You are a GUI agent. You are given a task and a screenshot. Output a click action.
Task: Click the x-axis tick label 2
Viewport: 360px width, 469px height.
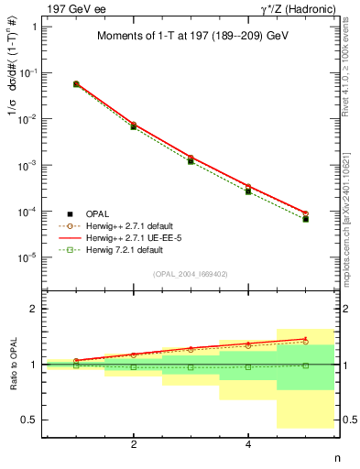(134, 444)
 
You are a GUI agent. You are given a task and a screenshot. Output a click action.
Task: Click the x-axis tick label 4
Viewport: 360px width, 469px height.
(248, 444)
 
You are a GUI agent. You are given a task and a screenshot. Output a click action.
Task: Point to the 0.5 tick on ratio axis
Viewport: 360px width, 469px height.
(30, 420)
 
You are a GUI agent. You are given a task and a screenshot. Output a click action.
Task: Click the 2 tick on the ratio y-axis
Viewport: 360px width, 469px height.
(34, 310)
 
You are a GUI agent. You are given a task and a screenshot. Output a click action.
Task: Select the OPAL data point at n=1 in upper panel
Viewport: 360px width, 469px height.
(76, 84)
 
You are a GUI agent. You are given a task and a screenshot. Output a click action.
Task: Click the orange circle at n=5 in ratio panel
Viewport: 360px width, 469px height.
(305, 342)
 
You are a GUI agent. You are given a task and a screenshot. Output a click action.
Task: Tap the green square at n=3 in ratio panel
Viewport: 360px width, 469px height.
(191, 367)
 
